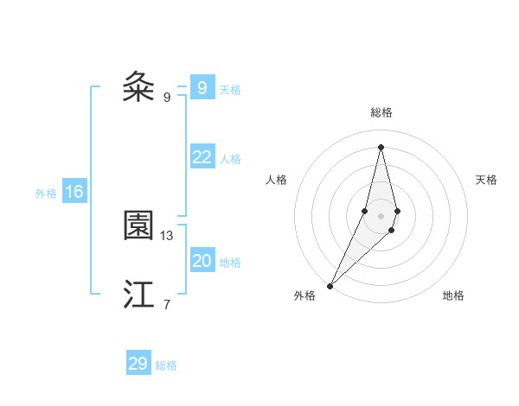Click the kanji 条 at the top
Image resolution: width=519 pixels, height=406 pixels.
138,87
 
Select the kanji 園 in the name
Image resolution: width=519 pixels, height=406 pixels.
138,226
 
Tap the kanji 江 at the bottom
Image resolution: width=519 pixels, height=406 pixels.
138,295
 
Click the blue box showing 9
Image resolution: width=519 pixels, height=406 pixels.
202,88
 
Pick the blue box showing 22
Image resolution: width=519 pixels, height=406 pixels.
202,157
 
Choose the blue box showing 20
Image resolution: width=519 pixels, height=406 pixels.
202,261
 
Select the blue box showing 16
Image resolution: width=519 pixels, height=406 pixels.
74,192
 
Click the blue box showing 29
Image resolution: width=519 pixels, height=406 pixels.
138,364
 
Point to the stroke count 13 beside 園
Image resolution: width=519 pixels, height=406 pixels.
167,235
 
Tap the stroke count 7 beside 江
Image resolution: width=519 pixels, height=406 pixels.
166,303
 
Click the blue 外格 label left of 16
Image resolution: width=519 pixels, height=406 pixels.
46,193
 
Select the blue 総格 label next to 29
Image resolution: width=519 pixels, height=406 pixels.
166,365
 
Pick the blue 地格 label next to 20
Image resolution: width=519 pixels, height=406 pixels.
230,263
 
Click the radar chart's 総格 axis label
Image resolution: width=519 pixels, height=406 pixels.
381,112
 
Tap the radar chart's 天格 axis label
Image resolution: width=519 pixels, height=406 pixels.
486,180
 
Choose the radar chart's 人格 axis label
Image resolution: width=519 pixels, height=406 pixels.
276,180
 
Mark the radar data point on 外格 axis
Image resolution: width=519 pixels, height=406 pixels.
330,285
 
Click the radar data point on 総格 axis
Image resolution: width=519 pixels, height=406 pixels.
381,146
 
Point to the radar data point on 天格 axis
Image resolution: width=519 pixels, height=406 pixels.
397,211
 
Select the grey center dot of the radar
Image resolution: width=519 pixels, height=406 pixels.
381,216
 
